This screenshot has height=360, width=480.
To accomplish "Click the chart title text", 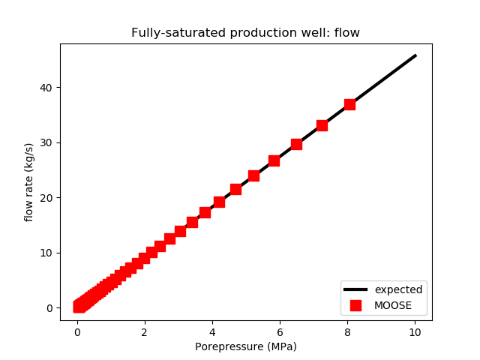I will [x=245, y=33].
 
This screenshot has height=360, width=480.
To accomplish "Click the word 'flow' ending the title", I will [x=348, y=33].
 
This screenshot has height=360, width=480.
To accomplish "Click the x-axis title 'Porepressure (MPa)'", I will [x=245, y=346].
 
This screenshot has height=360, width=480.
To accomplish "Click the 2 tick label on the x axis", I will [x=145, y=331].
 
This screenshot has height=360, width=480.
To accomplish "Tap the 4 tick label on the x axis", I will [x=212, y=331].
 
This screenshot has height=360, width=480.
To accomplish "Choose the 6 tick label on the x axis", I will [x=280, y=331].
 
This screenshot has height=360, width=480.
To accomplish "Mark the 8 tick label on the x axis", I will [x=347, y=331].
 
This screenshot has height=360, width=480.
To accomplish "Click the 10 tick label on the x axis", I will [x=415, y=331].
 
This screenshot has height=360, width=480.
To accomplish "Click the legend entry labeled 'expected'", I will [x=398, y=289].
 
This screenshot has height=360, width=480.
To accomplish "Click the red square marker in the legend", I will [x=355, y=305].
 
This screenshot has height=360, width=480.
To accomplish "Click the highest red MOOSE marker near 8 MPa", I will [x=349, y=104].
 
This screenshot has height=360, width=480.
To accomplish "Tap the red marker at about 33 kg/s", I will [x=322, y=125].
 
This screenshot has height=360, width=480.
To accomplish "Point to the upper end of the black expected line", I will [x=415, y=55].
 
